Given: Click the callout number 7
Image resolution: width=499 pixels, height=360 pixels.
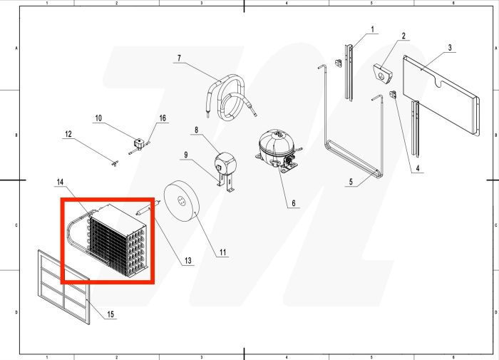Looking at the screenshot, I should pos(179,57).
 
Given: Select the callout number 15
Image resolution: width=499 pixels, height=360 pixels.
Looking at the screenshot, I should pos(110,314).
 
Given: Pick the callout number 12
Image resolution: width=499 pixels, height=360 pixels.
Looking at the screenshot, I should pos(68,134).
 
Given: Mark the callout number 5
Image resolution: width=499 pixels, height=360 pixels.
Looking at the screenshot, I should pos(350,182).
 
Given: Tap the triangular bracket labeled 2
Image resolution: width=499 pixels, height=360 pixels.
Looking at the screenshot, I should pos(383,73).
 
